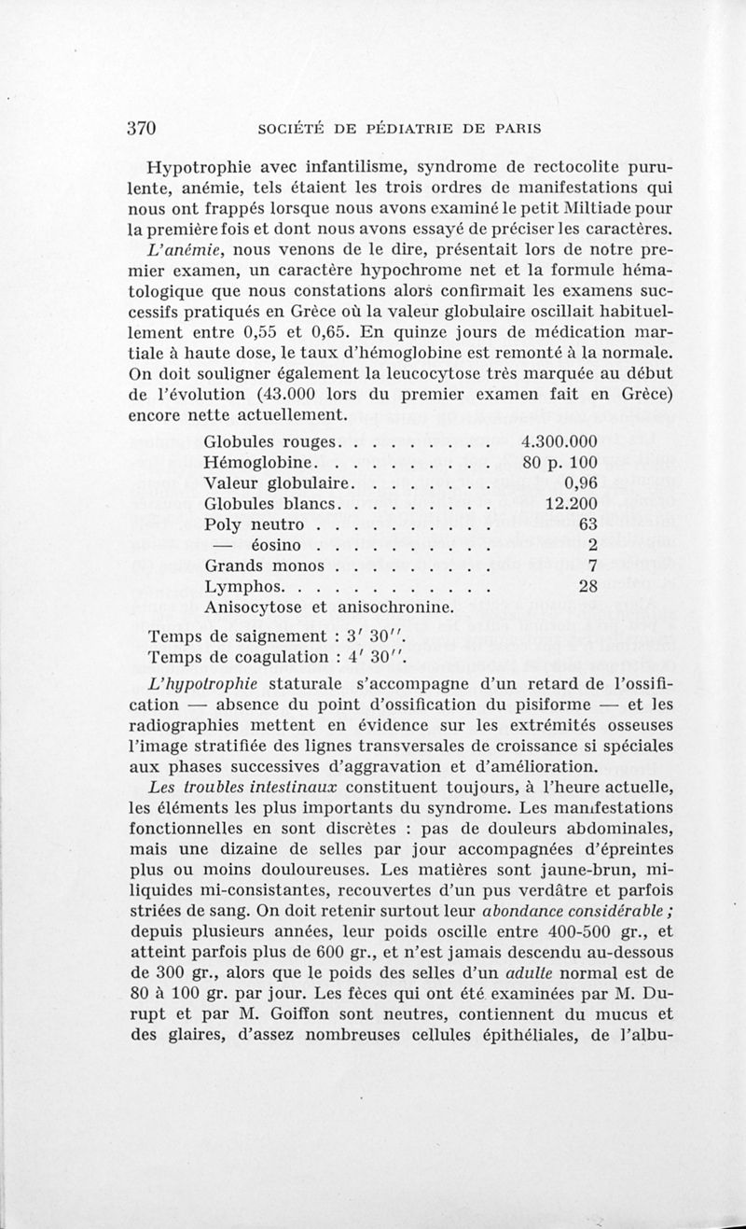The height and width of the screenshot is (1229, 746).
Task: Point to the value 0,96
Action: (580, 482)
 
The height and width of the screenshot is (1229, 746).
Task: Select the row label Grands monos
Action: (264, 566)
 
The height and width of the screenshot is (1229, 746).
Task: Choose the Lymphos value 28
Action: (587, 586)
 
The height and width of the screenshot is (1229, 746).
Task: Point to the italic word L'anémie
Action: (190, 251)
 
